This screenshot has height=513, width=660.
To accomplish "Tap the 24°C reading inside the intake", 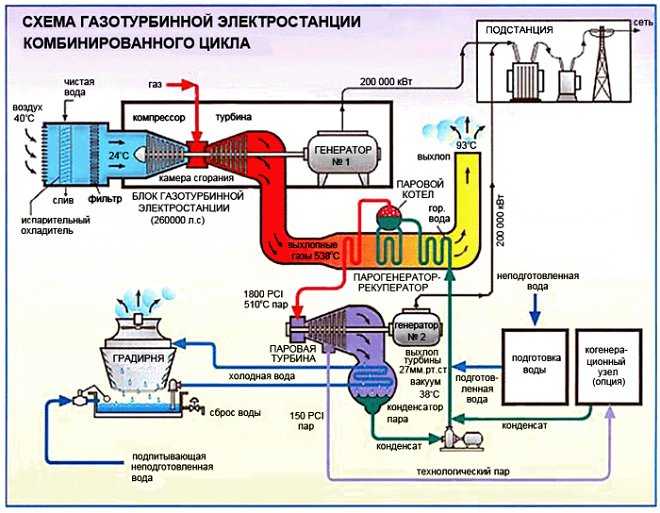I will pos(117,156).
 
